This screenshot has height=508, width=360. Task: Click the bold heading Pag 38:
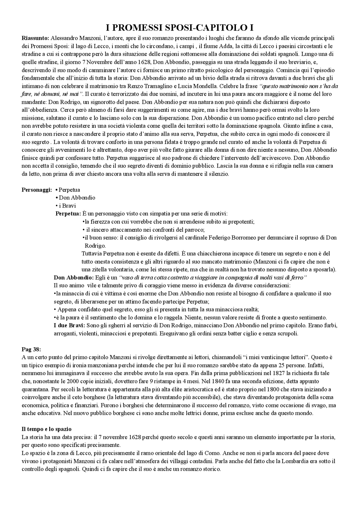tap(31, 349)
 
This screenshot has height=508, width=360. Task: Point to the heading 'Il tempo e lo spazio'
tap(46, 429)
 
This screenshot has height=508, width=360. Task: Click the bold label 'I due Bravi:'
tap(69, 326)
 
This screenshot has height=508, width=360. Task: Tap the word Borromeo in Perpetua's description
tap(244, 238)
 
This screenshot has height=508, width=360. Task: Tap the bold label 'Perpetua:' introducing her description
tap(68, 214)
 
